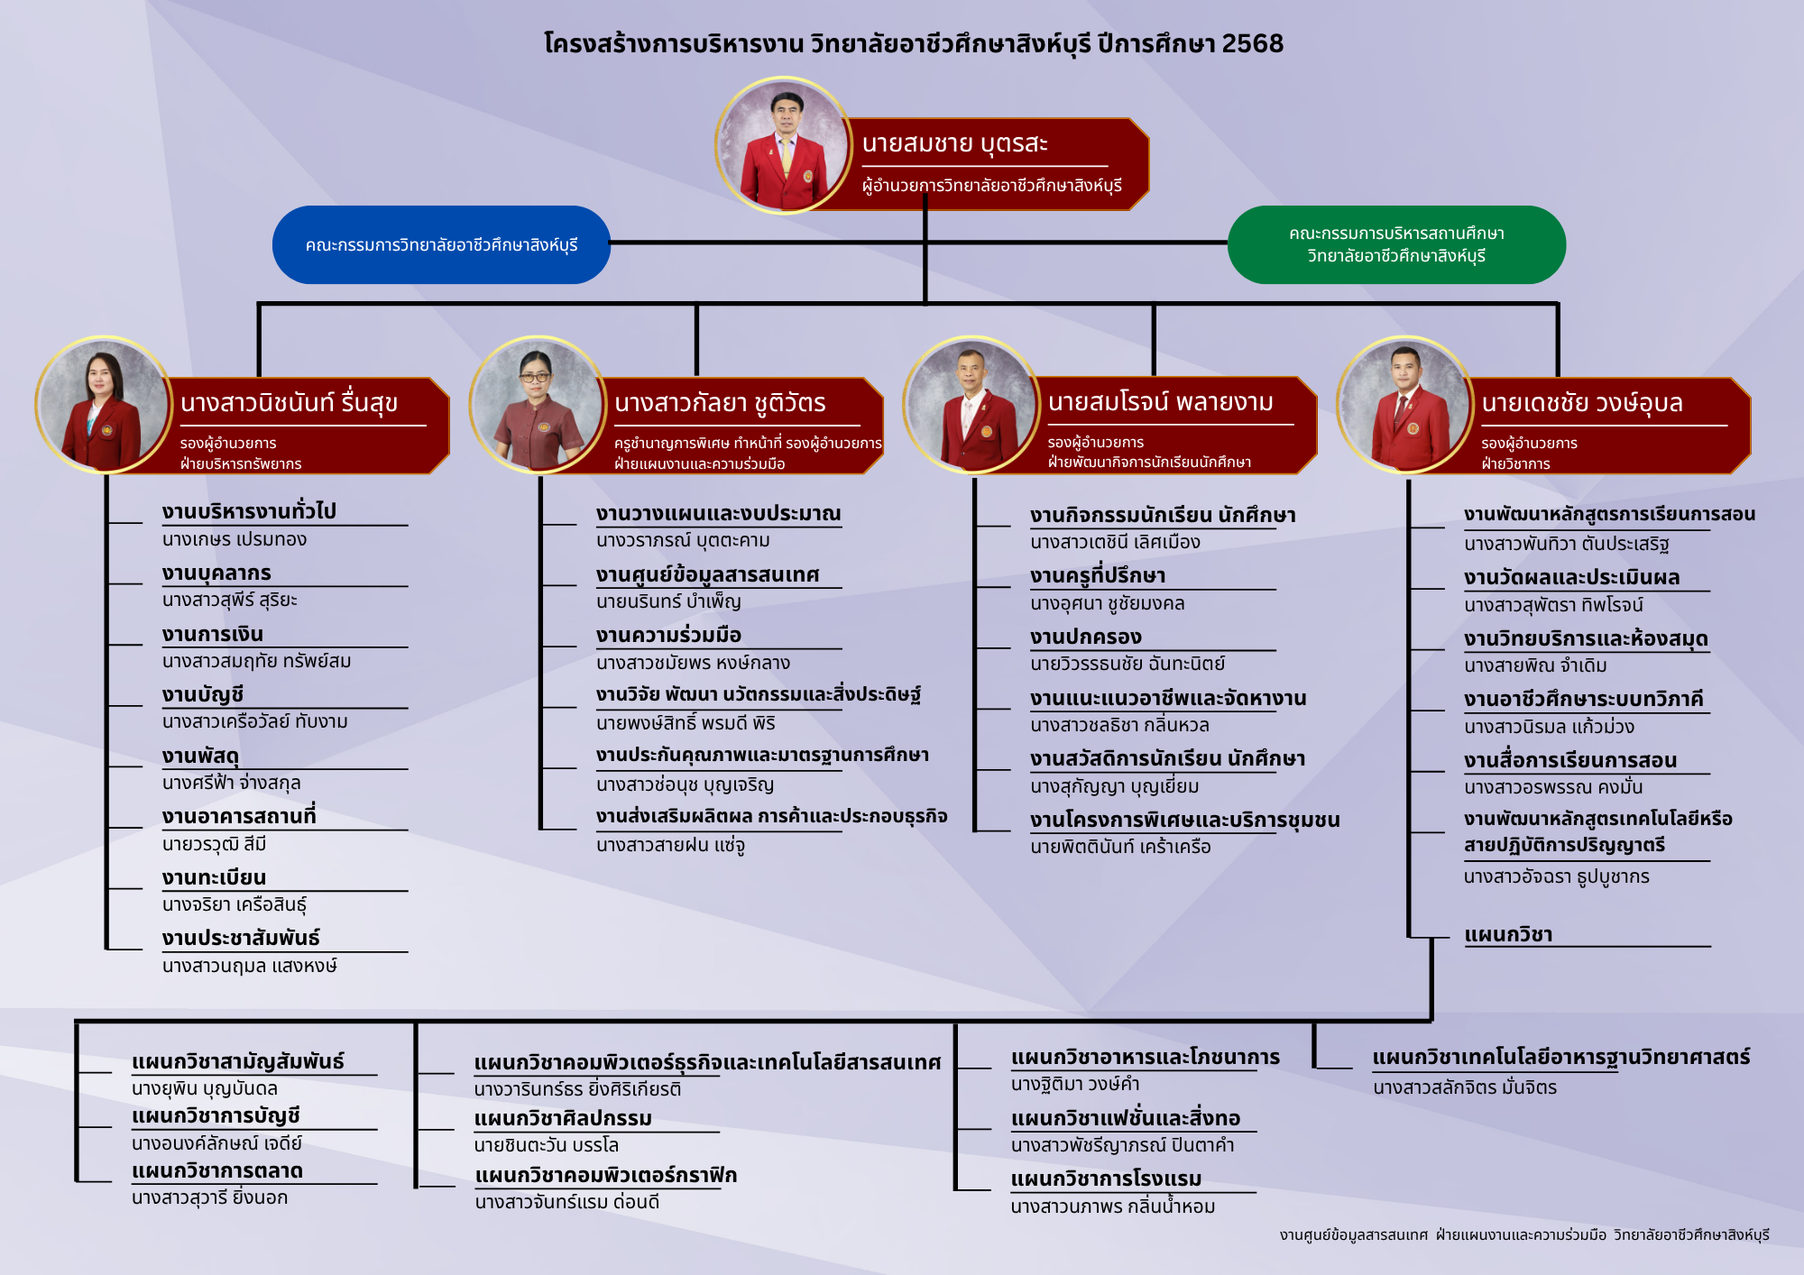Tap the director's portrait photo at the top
(x=784, y=145)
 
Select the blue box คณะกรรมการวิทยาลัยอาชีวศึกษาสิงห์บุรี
(x=441, y=245)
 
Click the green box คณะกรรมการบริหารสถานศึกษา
(x=1396, y=245)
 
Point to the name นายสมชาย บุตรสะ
(x=954, y=144)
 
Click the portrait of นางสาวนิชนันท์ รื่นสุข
(x=104, y=405)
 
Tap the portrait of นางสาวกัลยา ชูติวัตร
(x=538, y=405)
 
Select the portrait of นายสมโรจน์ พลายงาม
(x=971, y=405)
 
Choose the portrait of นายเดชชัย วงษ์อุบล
(x=1405, y=405)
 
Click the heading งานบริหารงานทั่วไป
(x=249, y=511)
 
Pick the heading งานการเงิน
(x=213, y=634)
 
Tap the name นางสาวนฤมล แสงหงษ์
(x=250, y=966)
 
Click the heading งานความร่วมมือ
(x=668, y=635)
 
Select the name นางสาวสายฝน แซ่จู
(x=670, y=846)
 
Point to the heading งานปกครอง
(x=1086, y=637)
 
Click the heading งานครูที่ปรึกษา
(x=1098, y=575)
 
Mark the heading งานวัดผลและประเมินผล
(x=1571, y=577)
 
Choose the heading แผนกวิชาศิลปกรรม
(x=563, y=1118)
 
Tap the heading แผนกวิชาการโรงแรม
(x=1106, y=1179)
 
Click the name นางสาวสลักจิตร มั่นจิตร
(x=1465, y=1087)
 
